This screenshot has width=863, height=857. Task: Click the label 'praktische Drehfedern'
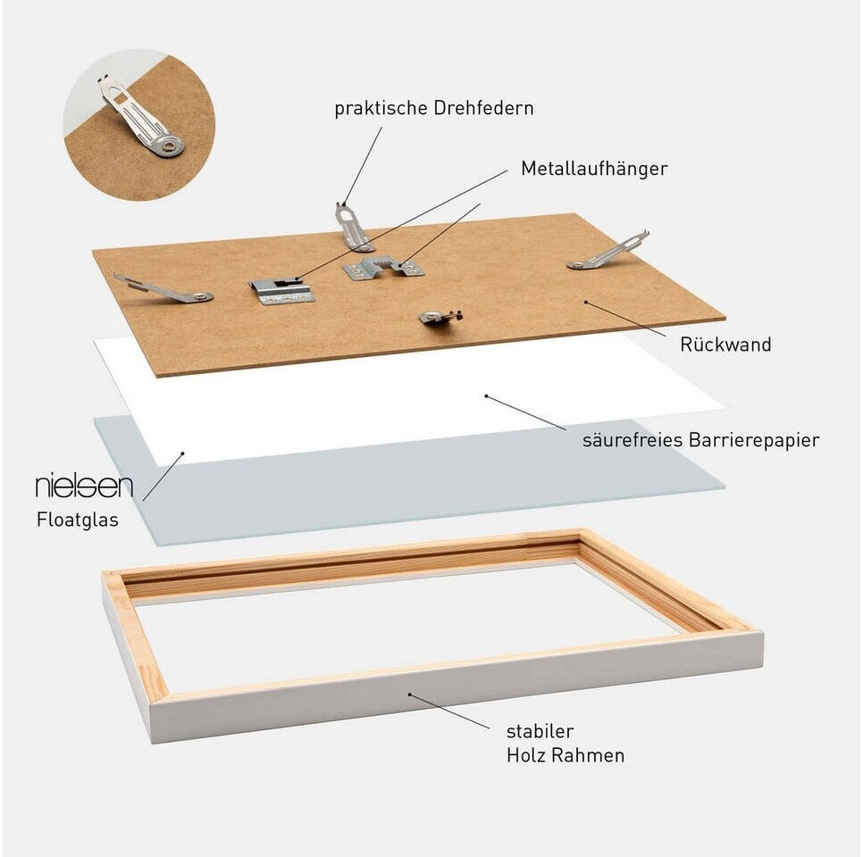(x=433, y=108)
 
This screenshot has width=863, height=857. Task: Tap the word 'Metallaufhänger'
(x=594, y=169)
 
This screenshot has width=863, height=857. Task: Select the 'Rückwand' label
(x=725, y=345)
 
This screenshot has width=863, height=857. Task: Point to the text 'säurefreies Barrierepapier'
(x=700, y=440)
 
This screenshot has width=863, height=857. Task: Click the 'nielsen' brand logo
(x=84, y=487)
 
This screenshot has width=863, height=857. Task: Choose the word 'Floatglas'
(x=78, y=520)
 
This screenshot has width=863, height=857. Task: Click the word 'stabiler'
(x=532, y=731)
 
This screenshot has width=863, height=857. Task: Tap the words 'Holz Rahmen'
(x=566, y=755)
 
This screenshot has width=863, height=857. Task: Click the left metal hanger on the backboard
(x=281, y=290)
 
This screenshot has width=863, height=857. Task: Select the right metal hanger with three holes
(x=383, y=268)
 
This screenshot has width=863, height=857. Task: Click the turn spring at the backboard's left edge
(x=163, y=288)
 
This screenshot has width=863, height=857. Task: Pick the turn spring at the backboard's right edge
(x=608, y=251)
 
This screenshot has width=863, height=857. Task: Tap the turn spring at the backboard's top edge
(x=350, y=226)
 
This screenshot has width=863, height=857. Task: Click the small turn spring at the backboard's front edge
(x=440, y=317)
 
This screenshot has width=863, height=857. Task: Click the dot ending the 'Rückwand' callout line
(x=586, y=302)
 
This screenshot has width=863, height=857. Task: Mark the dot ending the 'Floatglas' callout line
(x=183, y=453)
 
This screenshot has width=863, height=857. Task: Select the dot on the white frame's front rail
(x=409, y=695)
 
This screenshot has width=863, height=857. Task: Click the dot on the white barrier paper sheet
(x=486, y=395)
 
